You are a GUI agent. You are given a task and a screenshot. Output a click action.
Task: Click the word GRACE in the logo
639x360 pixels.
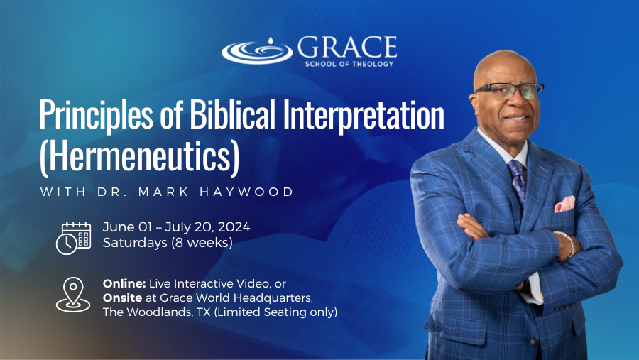point(347,47)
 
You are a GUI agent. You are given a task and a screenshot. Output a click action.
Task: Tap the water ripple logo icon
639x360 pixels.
point(257,52)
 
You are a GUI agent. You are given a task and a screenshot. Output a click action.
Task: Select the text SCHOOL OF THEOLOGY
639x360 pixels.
point(349,64)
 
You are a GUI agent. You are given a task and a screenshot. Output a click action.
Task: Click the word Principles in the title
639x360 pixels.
point(96,114)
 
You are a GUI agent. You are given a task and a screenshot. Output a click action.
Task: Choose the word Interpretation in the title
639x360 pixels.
point(364,115)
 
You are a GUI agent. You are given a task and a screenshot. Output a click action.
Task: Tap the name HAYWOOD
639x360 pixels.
point(246,192)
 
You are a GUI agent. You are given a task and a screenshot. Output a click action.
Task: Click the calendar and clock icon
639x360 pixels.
point(73,238)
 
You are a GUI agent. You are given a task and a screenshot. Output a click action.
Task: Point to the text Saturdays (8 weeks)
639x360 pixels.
point(168,243)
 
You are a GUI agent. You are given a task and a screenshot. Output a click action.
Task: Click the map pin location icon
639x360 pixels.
point(73,295)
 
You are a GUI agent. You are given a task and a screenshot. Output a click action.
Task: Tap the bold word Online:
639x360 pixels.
point(124,283)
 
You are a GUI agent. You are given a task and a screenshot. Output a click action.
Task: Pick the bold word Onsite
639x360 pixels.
point(122,298)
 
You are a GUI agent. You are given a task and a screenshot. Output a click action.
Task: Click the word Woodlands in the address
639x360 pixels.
point(156,312)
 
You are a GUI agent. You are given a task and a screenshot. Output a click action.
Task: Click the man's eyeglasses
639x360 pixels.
point(509,90)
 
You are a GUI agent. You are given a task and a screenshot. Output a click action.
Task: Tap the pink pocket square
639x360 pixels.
point(565,204)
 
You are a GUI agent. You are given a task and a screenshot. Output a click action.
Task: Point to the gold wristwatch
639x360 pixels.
point(566,246)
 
